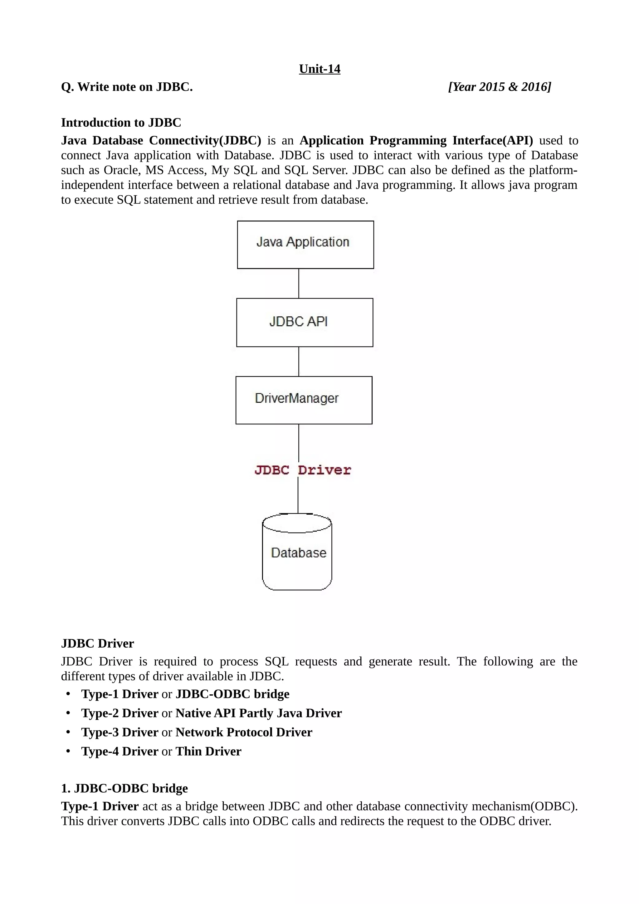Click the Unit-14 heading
pos(319,69)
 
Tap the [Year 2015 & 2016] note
pos(499,87)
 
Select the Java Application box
pos(305,245)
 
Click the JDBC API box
pos(304,323)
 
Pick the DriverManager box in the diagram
pos(304,400)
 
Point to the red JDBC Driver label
pos(302,470)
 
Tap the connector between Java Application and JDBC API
pos(298,283)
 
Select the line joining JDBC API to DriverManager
pos(298,362)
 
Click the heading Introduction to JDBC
pos(121,123)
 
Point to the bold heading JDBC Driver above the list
pos(97,643)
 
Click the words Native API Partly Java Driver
pos(258,713)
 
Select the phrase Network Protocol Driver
pos(244,732)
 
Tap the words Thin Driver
pos(208,751)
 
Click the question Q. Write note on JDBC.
pos(127,87)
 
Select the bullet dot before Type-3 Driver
pos(68,731)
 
